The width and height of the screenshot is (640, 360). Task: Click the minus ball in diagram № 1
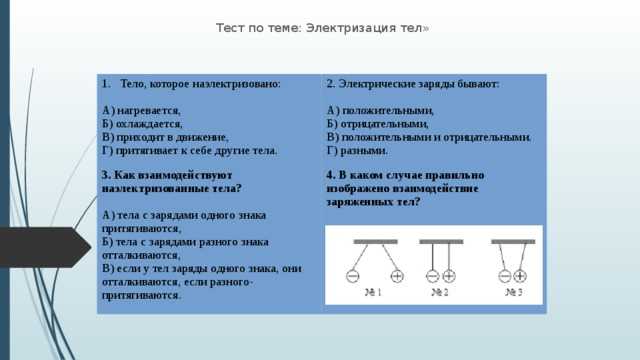tap(352, 276)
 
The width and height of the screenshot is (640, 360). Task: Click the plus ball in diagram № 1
tap(397, 276)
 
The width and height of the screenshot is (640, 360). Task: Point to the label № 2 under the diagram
tap(440, 293)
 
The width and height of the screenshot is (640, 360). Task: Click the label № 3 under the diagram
tap(514, 293)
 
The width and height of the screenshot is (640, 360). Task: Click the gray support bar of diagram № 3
tap(513, 242)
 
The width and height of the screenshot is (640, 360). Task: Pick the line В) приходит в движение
tap(165, 136)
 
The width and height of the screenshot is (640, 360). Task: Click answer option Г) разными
tap(357, 149)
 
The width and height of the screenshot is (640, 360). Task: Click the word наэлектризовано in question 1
tap(240, 85)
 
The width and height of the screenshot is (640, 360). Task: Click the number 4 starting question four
tap(330, 175)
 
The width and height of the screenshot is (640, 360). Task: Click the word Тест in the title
tap(231, 28)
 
